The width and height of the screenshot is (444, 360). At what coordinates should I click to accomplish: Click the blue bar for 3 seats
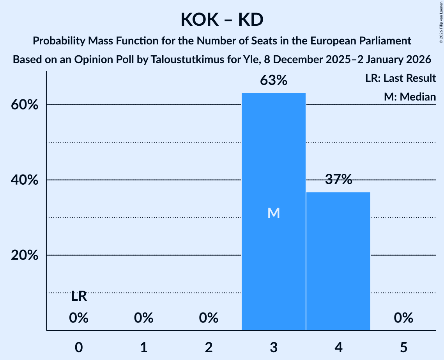273,164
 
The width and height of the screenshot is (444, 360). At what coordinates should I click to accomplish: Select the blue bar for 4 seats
338,261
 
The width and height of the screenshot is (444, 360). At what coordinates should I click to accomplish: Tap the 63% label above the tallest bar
273,80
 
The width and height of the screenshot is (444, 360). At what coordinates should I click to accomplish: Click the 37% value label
338,180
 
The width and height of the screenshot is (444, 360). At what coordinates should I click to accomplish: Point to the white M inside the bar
273,213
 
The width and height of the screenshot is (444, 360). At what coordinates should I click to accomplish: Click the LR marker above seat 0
79,296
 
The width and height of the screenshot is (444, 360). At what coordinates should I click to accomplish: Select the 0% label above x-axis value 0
79,318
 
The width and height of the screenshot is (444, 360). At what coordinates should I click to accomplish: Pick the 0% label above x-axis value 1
143,318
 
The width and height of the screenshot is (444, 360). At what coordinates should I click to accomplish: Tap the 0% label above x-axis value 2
209,318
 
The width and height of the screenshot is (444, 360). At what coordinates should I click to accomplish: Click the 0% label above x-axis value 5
403,318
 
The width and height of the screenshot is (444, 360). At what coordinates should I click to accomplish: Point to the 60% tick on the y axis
26,105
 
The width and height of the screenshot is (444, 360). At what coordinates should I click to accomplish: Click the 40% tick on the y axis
26,180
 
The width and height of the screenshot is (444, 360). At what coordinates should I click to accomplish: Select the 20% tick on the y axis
26,256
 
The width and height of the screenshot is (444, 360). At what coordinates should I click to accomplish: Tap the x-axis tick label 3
273,347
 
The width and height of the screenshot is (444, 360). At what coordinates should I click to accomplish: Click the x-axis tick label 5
403,347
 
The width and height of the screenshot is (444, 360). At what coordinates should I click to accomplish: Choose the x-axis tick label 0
79,347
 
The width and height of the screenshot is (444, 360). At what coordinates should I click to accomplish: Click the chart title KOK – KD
222,19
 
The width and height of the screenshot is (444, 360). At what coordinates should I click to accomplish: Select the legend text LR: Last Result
400,78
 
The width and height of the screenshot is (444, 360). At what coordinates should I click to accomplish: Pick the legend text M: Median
409,97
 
